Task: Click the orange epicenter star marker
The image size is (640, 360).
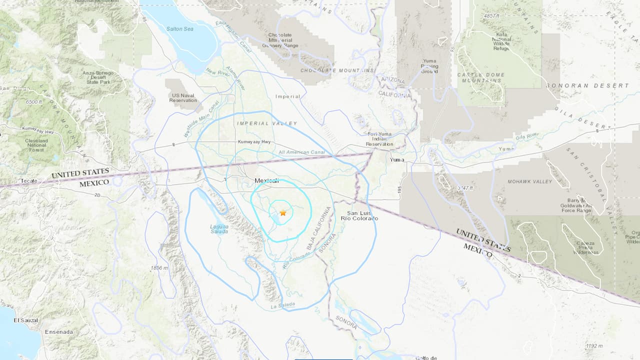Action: click(283, 213)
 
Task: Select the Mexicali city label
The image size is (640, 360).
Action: click(266, 180)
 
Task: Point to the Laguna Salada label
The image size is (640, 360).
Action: click(219, 228)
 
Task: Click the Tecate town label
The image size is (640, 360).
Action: click(29, 181)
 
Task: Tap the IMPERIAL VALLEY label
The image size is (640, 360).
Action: click(267, 123)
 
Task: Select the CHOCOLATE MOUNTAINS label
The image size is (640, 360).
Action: click(337, 71)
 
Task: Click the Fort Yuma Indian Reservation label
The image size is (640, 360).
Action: click(379, 138)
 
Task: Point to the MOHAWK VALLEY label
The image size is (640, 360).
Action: click(530, 181)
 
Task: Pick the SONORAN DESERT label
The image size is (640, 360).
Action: click(587, 85)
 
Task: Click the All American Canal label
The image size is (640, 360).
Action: click(301, 152)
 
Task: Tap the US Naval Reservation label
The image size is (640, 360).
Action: click(183, 97)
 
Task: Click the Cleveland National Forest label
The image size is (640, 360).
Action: click(36, 144)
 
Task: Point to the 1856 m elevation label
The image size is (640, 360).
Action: click(160, 268)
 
